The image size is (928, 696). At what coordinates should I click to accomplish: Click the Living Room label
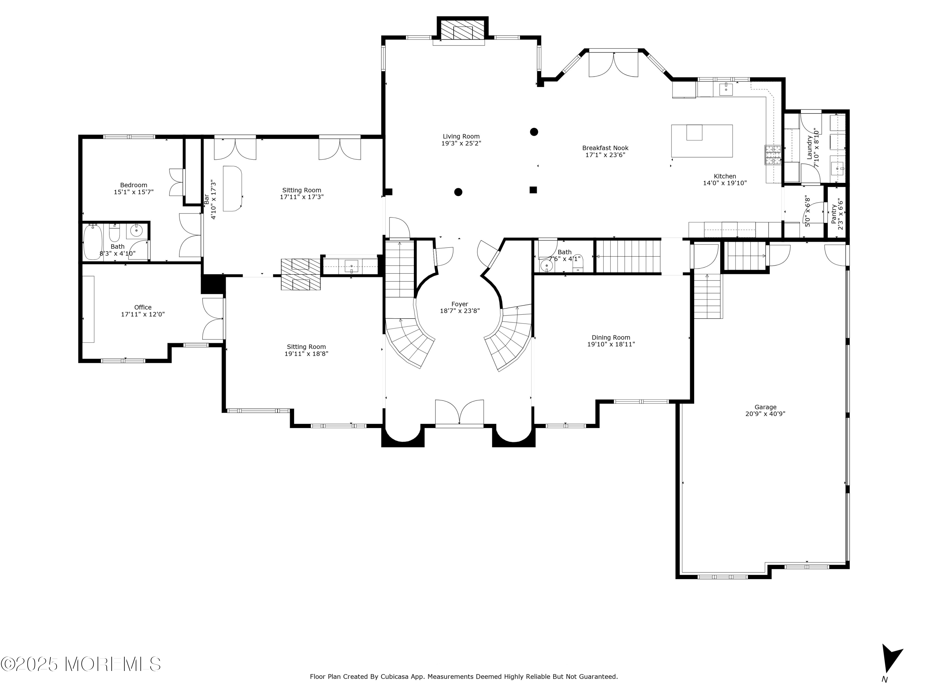(x=461, y=136)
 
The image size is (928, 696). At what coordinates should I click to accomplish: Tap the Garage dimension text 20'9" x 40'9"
(x=765, y=414)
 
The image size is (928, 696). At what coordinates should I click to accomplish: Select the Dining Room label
(x=611, y=337)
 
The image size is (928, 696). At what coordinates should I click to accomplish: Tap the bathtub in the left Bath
(x=93, y=242)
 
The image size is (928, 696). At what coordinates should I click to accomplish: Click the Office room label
(x=143, y=307)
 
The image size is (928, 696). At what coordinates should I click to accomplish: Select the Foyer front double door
(x=459, y=413)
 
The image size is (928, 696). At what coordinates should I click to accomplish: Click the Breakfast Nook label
(x=605, y=148)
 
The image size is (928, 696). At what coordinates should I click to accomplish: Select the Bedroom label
(x=133, y=185)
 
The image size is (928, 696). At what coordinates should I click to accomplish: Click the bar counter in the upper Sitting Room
(x=232, y=188)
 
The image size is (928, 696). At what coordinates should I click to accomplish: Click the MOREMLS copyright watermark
(x=80, y=664)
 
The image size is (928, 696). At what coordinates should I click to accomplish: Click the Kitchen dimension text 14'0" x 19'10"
(x=725, y=183)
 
